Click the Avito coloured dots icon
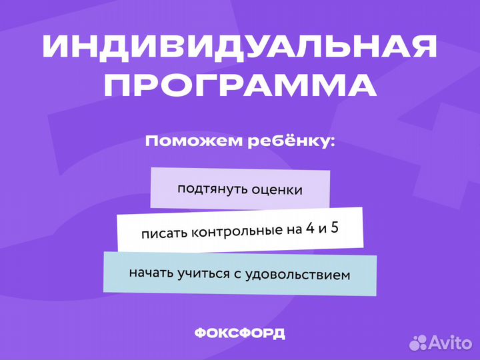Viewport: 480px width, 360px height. tap(419, 343)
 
